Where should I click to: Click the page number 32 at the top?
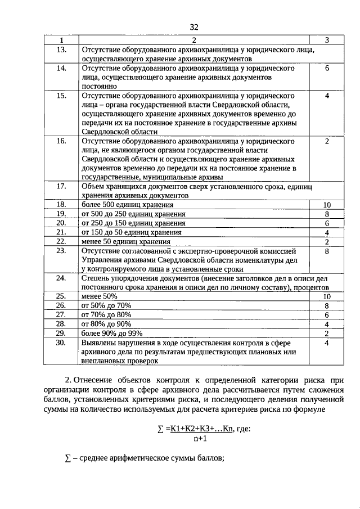(194, 27)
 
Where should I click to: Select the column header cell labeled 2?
(194, 40)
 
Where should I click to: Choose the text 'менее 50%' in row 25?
(100, 296)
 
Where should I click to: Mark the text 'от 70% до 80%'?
(106, 314)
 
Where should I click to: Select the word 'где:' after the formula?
(243, 429)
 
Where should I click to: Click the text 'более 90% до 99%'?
(111, 333)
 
